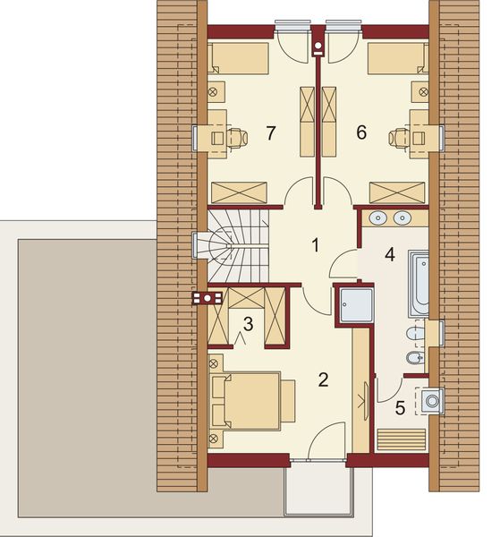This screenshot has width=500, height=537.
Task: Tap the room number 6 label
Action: click(x=361, y=132)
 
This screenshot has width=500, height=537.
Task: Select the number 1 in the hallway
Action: click(x=315, y=243)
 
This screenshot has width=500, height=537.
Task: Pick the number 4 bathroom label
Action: click(x=389, y=253)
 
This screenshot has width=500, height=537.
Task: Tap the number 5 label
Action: click(x=401, y=406)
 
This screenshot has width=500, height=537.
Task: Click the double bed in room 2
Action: click(x=248, y=400)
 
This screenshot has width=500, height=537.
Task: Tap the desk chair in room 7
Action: click(x=235, y=137)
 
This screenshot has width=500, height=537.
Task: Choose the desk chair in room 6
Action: click(x=398, y=137)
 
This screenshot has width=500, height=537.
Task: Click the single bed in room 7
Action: click(x=240, y=60)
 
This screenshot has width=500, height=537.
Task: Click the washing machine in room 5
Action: click(x=433, y=400)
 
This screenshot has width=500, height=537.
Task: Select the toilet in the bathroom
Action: click(x=414, y=335)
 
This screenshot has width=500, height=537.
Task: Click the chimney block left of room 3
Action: click(x=207, y=299)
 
